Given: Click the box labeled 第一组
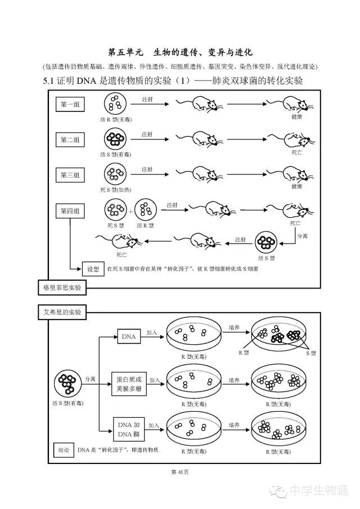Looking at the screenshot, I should click(70, 105).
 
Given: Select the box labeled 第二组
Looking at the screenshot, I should click(70, 139).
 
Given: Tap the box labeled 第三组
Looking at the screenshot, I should click(70, 175).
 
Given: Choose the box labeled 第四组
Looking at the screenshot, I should click(70, 211).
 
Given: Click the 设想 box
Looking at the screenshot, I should click(93, 268).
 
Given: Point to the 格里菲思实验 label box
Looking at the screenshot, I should click(62, 288).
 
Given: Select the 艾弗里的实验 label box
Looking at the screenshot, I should click(62, 312).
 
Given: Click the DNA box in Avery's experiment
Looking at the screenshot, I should click(128, 336).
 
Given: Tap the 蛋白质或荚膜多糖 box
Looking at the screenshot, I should click(129, 384).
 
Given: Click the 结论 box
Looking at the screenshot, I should click(64, 450).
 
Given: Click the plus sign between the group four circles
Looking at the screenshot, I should click(130, 212).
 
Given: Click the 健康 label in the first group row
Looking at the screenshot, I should click(296, 118).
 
